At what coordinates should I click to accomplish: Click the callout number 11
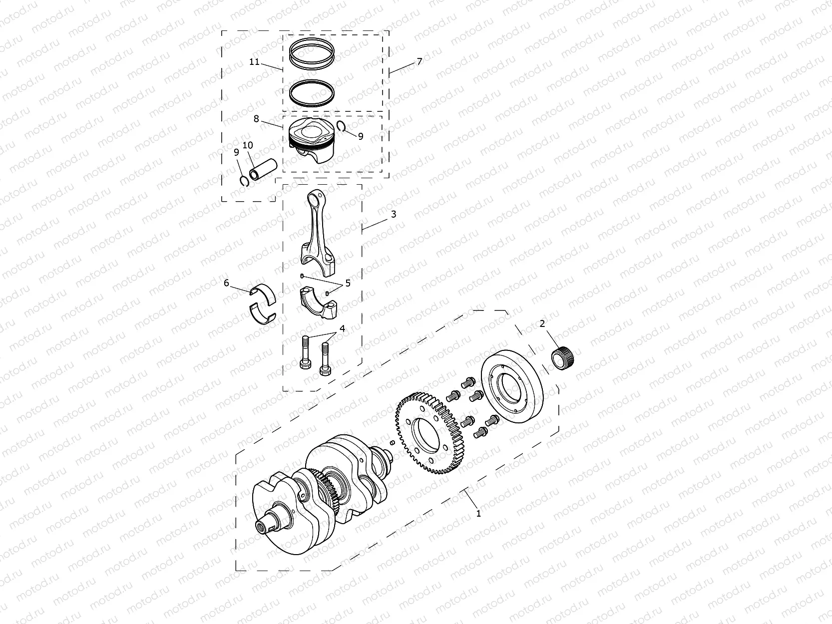(255, 62)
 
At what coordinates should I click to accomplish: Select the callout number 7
(419, 61)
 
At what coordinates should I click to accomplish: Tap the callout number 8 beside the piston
(256, 119)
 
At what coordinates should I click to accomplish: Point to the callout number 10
(248, 145)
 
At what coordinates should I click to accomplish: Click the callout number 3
(394, 214)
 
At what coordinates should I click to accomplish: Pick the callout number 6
(226, 283)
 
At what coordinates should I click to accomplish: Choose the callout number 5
(348, 283)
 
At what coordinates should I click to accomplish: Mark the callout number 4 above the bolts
(342, 328)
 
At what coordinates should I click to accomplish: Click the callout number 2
(542, 324)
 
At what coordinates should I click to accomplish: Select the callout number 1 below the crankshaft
(478, 513)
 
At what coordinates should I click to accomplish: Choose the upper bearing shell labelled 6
(264, 294)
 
